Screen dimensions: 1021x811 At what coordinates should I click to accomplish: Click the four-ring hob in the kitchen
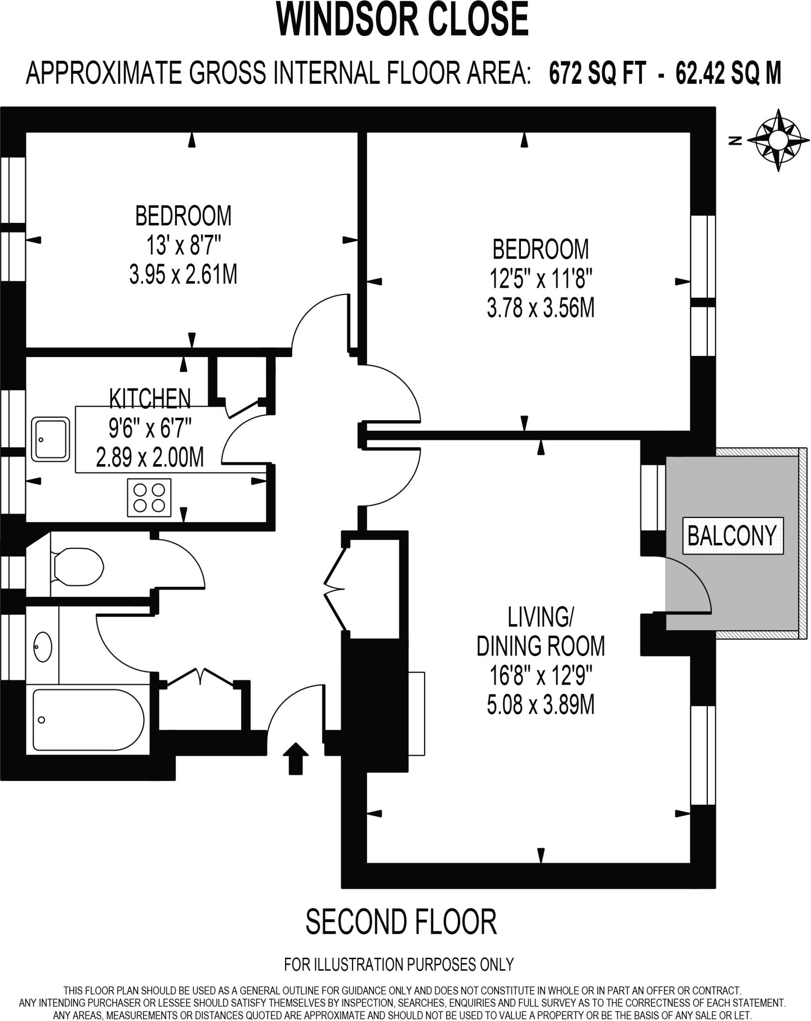click(x=149, y=498)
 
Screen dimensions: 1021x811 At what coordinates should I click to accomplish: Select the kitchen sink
click(x=50, y=439)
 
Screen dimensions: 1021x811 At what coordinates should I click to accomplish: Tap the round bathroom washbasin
click(x=43, y=647)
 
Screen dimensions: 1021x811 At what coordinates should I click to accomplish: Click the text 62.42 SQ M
click(x=728, y=74)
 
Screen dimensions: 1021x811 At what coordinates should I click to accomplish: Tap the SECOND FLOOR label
click(x=401, y=922)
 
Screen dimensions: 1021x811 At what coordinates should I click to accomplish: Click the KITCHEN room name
click(x=150, y=398)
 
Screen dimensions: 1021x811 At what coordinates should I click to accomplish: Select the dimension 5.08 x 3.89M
click(x=540, y=705)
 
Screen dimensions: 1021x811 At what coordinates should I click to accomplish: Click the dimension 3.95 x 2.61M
click(x=183, y=274)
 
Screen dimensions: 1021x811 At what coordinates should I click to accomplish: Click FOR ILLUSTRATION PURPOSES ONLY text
click(x=399, y=964)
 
